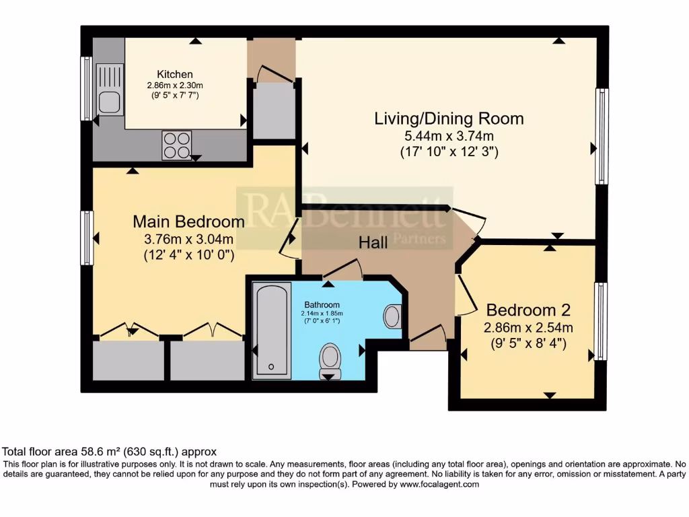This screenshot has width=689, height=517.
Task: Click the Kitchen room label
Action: coord(175,74)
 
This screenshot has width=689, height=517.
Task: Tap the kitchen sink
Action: coord(109,90)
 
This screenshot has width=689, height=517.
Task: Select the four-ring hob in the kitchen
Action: coord(176,145)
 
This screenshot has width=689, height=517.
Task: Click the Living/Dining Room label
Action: coord(449,119)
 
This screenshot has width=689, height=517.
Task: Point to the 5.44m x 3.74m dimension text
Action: coord(449,137)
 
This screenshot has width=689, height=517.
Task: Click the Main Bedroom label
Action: coord(188,221)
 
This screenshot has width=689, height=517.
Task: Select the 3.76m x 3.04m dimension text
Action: coord(188,239)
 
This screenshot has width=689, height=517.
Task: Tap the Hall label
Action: coord(373,243)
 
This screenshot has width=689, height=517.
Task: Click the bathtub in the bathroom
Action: coord(272,330)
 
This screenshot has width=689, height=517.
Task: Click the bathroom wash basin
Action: coord(392,315)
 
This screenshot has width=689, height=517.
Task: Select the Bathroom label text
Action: coord(322,304)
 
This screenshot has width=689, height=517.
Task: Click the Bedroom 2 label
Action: coord(528,310)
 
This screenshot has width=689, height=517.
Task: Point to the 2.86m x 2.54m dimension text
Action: coord(528,328)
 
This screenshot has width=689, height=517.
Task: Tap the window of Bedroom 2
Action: coord(601,322)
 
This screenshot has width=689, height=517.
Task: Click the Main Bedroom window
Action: coord(87,238)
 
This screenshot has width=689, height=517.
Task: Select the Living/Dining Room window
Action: coord(602,136)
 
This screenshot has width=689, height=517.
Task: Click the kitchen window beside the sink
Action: coord(86,88)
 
